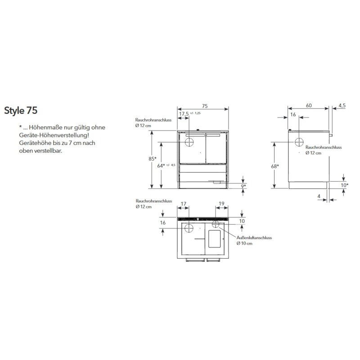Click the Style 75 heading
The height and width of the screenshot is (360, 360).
pyautogui.click(x=21, y=110)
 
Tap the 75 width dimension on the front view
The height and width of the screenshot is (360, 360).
pyautogui.click(x=205, y=106)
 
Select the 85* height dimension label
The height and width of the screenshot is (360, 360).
pyautogui.click(x=153, y=159)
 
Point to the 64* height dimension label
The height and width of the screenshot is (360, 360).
pyautogui.click(x=161, y=166)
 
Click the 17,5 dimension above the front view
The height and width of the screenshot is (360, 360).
pyautogui.click(x=184, y=114)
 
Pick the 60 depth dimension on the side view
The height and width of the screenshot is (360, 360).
pyautogui.click(x=309, y=105)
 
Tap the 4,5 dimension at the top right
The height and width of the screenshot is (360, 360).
pyautogui.click(x=342, y=106)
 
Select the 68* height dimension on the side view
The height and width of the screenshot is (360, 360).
pyautogui.click(x=275, y=166)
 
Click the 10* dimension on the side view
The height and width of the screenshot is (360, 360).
pyautogui.click(x=344, y=185)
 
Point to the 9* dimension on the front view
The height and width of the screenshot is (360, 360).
pyautogui.click(x=243, y=186)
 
